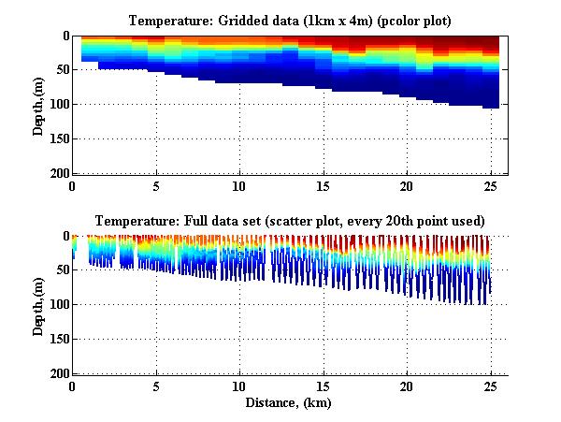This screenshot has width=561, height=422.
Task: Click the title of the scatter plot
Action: [x=288, y=222]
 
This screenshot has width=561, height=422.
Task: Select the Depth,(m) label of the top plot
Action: [x=38, y=105]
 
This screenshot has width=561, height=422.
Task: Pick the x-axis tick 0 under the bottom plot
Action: [x=73, y=386]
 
